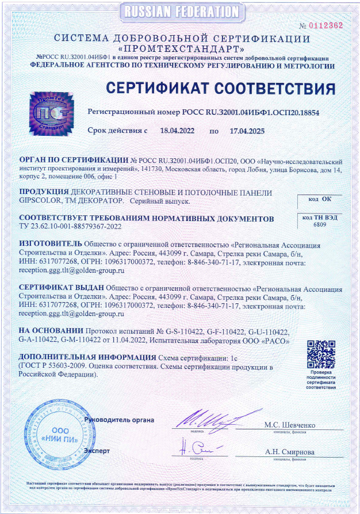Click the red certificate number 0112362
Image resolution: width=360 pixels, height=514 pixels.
[325, 25]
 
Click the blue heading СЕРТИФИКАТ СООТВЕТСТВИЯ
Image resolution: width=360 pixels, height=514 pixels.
[221, 89]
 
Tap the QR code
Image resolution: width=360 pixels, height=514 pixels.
[321, 355]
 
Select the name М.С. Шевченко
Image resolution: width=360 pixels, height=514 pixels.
[290, 425]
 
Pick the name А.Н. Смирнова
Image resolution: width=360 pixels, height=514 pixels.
[290, 452]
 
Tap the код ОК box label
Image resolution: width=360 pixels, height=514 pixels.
[320, 199]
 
